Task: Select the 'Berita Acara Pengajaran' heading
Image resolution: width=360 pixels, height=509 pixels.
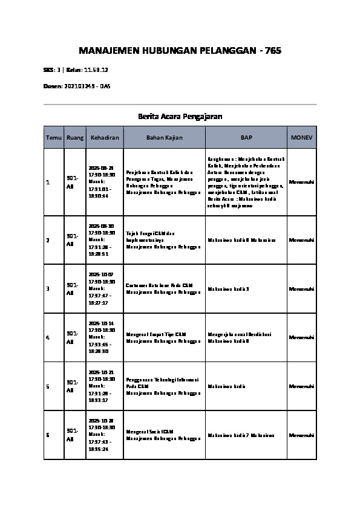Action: [x=180, y=116]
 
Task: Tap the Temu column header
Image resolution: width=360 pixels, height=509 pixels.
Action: [x=53, y=138]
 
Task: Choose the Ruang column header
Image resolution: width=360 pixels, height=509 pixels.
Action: [x=75, y=138]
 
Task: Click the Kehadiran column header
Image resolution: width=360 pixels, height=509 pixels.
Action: [x=105, y=138]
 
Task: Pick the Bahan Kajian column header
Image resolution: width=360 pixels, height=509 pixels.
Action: [x=163, y=138]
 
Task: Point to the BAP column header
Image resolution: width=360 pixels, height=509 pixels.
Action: [x=246, y=138]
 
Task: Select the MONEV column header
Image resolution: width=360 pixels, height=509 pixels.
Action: [x=301, y=138]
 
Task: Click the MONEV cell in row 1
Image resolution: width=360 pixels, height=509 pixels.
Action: [x=301, y=182]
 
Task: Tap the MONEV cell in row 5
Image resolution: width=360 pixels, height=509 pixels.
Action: [x=301, y=386]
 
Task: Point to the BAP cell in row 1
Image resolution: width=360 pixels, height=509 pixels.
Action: [x=246, y=182]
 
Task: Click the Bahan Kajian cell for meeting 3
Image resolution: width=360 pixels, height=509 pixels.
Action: [x=163, y=288]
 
